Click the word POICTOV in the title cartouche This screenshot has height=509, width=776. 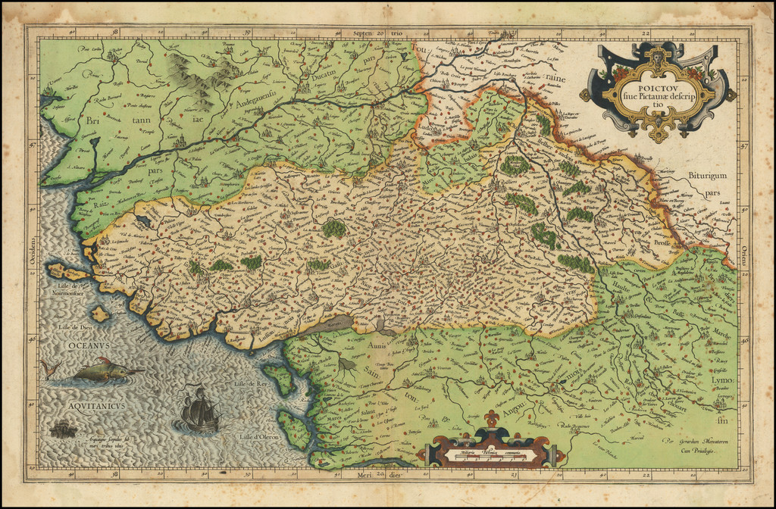656,84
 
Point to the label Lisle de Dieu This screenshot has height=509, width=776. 61,327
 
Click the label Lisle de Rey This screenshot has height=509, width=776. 252,385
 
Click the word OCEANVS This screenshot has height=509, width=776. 88,345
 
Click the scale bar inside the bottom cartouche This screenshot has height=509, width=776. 491,454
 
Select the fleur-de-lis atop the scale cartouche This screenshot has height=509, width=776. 493,418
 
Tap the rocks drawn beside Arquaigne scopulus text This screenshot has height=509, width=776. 64,429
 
